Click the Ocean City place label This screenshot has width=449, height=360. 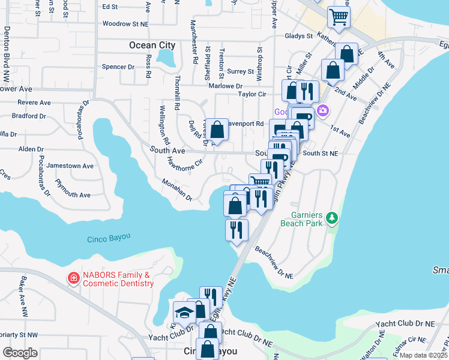click(x=152, y=45)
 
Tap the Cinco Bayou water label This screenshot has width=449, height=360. click(x=109, y=238)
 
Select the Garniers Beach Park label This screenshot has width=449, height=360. click(x=301, y=219)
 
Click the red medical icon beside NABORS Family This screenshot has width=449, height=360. click(x=73, y=278)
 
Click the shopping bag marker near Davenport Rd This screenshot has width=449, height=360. click(x=218, y=130)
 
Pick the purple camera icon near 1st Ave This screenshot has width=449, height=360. click(x=324, y=110)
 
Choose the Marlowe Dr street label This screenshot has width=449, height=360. click(x=226, y=86)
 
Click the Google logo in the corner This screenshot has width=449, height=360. click(x=20, y=353)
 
